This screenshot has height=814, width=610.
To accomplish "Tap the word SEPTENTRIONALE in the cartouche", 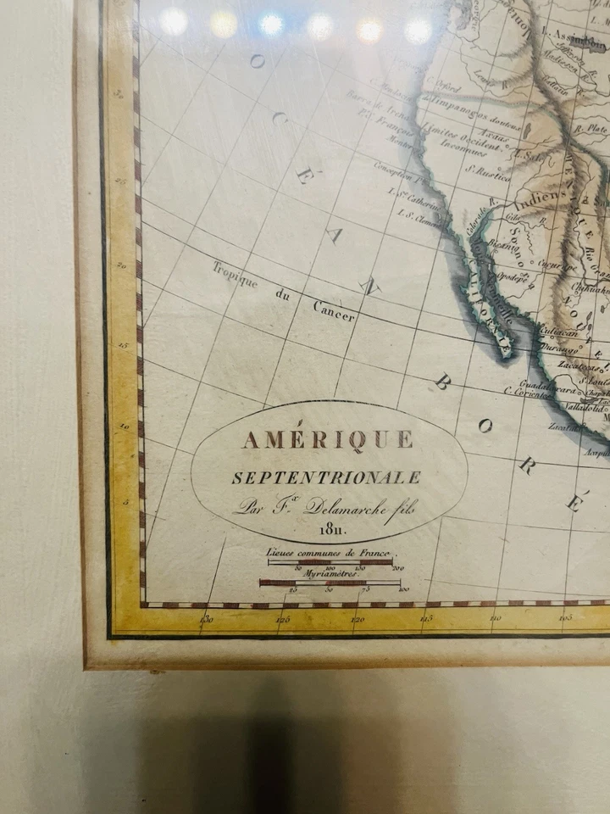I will [325, 477].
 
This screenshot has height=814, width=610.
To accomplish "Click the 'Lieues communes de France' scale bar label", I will [328, 552].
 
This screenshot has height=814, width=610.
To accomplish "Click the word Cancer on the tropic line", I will [334, 311].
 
